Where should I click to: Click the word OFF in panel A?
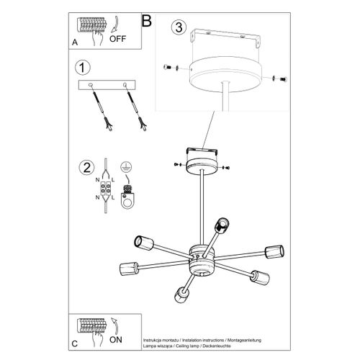117,41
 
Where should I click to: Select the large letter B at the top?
147,20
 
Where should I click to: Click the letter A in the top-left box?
76,42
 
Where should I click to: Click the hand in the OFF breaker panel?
102,35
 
